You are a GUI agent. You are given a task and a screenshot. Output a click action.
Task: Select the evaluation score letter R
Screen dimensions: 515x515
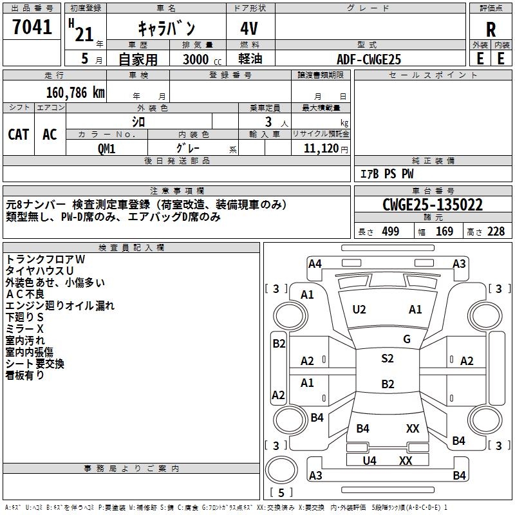click(x=491, y=30)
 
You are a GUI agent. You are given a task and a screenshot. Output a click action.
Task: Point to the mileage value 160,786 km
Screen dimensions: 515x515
click(x=75, y=93)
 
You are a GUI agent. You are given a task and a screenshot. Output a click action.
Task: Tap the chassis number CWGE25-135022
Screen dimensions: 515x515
click(x=432, y=205)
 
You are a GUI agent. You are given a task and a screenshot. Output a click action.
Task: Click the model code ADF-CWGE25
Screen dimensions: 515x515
click(x=369, y=59)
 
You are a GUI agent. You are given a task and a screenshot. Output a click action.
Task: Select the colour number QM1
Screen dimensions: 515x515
click(x=106, y=148)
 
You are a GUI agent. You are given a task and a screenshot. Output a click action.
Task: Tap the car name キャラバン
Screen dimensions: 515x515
click(x=166, y=29)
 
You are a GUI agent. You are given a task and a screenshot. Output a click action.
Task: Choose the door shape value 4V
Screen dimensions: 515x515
click(x=250, y=29)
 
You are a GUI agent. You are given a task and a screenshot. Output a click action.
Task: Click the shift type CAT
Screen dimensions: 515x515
click(x=18, y=135)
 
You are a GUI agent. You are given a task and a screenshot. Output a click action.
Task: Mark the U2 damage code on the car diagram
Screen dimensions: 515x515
click(x=359, y=310)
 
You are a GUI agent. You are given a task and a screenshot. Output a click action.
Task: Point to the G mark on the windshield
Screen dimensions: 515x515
click(x=406, y=339)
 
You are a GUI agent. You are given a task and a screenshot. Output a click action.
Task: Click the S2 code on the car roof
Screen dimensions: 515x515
click(x=387, y=359)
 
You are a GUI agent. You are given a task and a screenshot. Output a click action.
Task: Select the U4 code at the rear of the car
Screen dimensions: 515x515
click(x=370, y=461)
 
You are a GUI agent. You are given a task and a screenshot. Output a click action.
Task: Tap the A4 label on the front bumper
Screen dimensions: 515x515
click(x=315, y=263)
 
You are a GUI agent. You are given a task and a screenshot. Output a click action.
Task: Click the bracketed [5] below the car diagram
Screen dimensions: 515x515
click(x=281, y=492)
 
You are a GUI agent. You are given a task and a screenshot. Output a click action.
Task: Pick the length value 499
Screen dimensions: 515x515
click(x=390, y=232)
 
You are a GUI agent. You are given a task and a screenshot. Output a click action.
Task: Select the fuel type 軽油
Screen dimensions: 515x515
click(x=250, y=59)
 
